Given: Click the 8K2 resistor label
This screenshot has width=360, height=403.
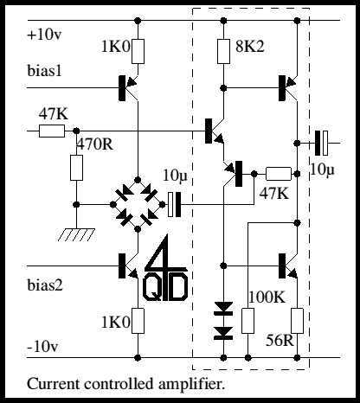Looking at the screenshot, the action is (249, 47).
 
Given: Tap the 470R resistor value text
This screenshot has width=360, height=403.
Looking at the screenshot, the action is (94, 144).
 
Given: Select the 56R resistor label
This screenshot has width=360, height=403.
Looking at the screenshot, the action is (280, 341).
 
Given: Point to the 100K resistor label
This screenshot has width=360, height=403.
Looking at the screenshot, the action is (267, 297).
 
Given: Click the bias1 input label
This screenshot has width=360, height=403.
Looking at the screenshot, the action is (45, 71).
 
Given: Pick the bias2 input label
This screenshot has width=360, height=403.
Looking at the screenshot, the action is (45, 285).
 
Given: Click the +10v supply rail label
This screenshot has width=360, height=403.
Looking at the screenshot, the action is (45, 35).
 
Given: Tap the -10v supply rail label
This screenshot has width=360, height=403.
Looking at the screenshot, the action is (43, 346).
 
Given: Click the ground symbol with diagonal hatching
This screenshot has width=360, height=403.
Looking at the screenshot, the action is (76, 234).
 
